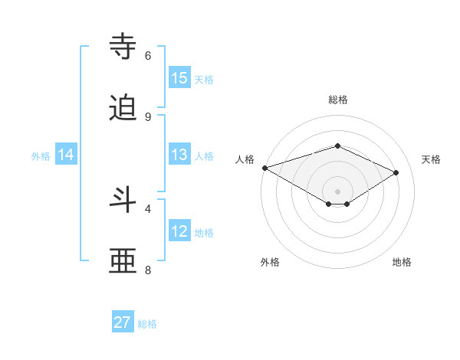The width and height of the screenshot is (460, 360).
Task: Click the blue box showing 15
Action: pyautogui.click(x=179, y=78)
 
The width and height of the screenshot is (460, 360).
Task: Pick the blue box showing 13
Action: pyautogui.click(x=179, y=155)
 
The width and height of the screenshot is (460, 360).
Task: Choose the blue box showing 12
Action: pyautogui.click(x=179, y=231)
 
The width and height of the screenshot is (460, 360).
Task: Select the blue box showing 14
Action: pyautogui.click(x=66, y=155)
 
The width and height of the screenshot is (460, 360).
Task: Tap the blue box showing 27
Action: pyautogui.click(x=123, y=322)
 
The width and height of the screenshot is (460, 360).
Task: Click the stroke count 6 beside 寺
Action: pyautogui.click(x=148, y=55)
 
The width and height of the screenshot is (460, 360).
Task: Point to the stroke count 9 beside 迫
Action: pyautogui.click(x=148, y=116)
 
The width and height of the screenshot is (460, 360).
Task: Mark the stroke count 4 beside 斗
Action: pyautogui.click(x=148, y=208)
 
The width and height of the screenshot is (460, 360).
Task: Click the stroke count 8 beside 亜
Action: pyautogui.click(x=148, y=270)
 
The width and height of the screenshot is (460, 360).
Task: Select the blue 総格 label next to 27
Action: pyautogui.click(x=147, y=324)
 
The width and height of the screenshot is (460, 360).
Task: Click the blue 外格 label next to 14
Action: pyautogui.click(x=41, y=156)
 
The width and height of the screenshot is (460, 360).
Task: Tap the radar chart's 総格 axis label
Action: pyautogui.click(x=337, y=100)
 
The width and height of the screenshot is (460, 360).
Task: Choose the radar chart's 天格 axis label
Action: pyautogui.click(x=431, y=159)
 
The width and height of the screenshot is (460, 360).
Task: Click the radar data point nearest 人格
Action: pyautogui.click(x=264, y=168)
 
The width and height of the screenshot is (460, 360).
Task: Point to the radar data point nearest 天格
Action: pyautogui.click(x=396, y=173)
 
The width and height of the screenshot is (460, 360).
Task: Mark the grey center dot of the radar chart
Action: pyautogui.click(x=337, y=191)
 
